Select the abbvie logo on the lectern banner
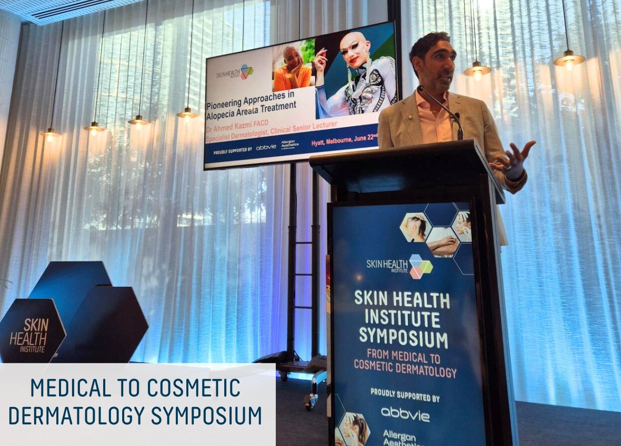tap(405, 414)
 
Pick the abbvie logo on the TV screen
tap(266, 147)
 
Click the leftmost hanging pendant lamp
tap(50, 134)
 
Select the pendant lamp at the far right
tap(569, 59)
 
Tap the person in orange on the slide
tap(293, 69)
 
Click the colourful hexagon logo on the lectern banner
tap(421, 266)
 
